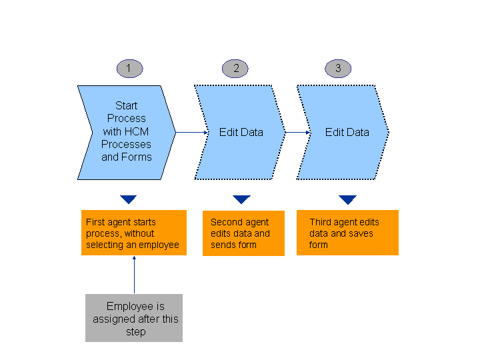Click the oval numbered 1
pyautogui.click(x=129, y=68)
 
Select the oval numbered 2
pyautogui.click(x=235, y=68)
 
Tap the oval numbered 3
pyautogui.click(x=338, y=68)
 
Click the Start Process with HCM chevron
pyautogui.click(x=126, y=132)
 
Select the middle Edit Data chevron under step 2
pyautogui.click(x=241, y=132)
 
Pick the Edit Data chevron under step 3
pyautogui.click(x=345, y=132)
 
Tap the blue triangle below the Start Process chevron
pyautogui.click(x=129, y=199)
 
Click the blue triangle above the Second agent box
pyautogui.click(x=241, y=199)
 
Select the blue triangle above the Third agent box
pyautogui.click(x=347, y=199)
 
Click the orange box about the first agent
pyautogui.click(x=134, y=233)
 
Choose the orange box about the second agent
pyautogui.click(x=243, y=233)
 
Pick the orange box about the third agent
pyautogui.click(x=347, y=233)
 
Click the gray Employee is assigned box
pyautogui.click(x=134, y=318)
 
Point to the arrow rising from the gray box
pyautogui.click(x=134, y=275)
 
